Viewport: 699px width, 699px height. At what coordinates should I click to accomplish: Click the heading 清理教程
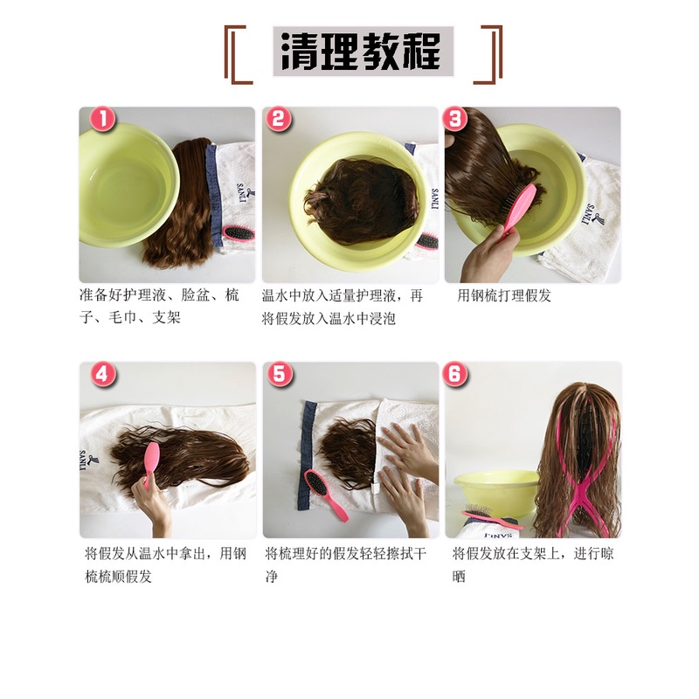coord(363,52)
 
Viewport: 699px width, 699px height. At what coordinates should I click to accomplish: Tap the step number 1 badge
coord(102,120)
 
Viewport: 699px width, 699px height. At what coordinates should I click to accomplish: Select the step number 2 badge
coord(278,120)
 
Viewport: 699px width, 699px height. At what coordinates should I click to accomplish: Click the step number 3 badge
coord(455,120)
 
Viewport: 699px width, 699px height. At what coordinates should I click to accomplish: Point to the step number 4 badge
coord(103,374)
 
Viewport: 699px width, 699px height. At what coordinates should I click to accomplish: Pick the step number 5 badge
coord(279,374)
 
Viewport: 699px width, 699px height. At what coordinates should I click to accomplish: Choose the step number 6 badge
coord(455,374)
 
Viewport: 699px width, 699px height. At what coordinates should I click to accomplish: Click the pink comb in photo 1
coord(239,233)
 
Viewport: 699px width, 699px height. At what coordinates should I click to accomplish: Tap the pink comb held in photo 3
coord(518,209)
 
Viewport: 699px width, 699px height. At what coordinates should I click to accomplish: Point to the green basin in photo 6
coord(495,493)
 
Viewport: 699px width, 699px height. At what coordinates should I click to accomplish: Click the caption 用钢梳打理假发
coord(504,295)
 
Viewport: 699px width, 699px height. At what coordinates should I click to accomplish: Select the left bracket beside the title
coord(236,55)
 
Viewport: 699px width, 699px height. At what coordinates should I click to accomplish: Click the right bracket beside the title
coord(489,55)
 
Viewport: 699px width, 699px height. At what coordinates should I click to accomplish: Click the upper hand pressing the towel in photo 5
coord(408,448)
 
